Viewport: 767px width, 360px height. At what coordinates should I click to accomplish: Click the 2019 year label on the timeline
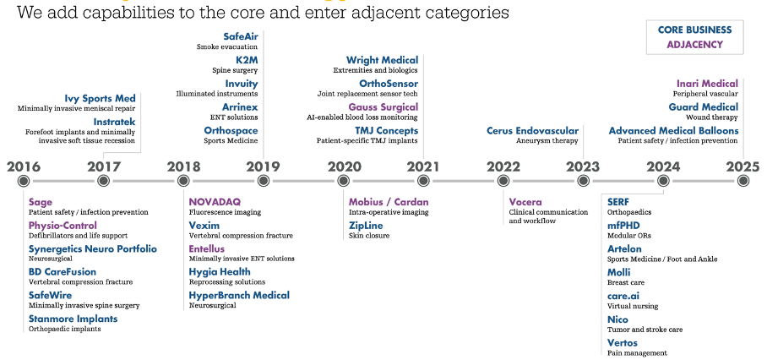click(264, 166)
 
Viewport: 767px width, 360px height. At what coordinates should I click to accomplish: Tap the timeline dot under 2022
click(503, 181)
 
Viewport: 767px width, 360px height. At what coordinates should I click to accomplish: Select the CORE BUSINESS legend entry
click(694, 30)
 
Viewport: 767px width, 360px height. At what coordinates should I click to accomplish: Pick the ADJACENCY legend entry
click(694, 45)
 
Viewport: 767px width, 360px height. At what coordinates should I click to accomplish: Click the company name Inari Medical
click(707, 84)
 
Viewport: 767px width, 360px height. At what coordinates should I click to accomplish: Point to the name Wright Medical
click(382, 60)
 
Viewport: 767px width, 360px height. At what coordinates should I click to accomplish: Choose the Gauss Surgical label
click(383, 107)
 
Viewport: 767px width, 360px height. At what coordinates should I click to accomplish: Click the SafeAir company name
click(241, 36)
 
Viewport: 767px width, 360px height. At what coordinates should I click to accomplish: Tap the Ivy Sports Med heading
click(100, 98)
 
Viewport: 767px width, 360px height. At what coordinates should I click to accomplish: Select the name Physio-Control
click(63, 226)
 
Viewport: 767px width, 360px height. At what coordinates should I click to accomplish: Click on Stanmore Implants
click(73, 319)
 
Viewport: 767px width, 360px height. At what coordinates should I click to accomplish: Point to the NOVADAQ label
click(215, 202)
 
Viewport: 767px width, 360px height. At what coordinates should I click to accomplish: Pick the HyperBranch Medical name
click(239, 296)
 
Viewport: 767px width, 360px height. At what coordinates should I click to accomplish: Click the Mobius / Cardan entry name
click(389, 202)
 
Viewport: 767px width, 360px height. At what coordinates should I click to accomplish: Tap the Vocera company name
click(525, 202)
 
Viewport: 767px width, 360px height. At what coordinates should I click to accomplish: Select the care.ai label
click(623, 296)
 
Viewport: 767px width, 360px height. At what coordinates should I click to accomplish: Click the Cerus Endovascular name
click(532, 131)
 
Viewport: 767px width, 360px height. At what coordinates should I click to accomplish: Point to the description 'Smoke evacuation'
click(227, 47)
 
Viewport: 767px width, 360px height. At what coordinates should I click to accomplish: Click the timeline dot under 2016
click(23, 181)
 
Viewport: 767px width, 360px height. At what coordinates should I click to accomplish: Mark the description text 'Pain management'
click(637, 353)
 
